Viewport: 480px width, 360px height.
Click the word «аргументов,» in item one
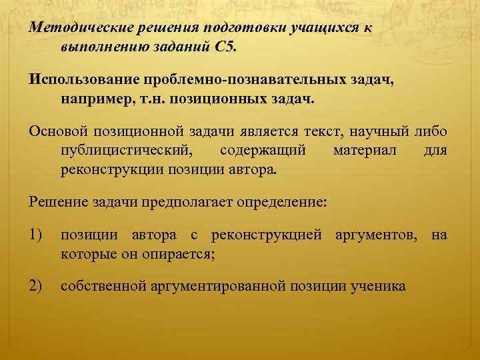tap(381, 234)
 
